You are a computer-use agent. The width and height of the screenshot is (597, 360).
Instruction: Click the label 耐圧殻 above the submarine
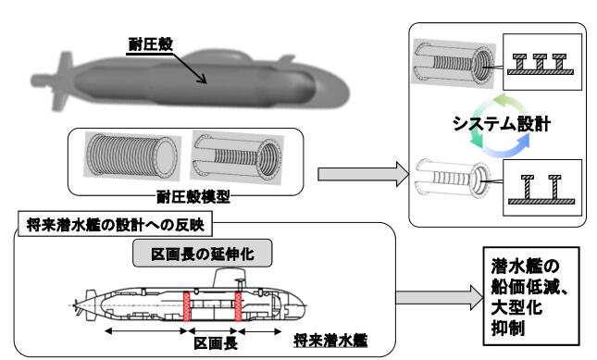151,44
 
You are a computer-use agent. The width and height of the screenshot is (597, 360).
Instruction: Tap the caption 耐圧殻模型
193,197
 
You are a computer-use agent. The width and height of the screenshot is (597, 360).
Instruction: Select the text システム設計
502,124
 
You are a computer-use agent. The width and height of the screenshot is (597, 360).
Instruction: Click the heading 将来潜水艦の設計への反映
116,225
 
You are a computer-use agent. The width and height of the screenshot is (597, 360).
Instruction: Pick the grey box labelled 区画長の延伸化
202,253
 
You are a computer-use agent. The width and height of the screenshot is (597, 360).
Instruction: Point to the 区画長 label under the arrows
216,343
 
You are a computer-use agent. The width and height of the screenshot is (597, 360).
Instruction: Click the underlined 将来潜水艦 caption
330,341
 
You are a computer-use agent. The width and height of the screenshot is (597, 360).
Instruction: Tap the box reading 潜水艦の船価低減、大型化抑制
531,296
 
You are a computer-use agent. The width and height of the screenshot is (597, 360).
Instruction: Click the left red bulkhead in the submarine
187,306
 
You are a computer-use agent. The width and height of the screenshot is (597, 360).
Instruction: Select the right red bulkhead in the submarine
239,306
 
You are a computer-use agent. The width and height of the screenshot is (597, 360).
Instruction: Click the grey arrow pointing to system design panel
364,174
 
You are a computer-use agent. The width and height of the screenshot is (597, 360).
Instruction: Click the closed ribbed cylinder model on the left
131,155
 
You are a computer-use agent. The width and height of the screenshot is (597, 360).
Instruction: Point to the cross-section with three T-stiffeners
542,62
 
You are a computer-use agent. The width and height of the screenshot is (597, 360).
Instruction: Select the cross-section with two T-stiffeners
542,187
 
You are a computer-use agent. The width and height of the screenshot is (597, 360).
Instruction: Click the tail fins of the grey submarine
61,81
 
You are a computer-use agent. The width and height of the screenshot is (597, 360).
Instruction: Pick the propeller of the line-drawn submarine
78,306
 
